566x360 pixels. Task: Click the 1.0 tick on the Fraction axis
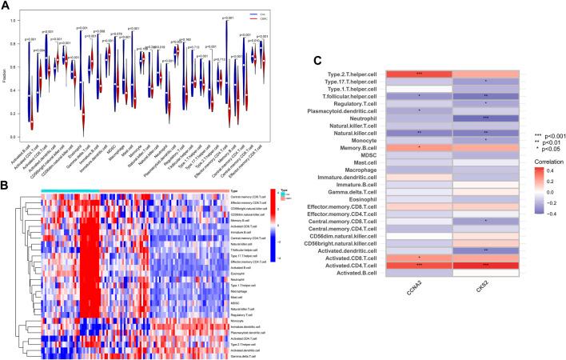18,18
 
